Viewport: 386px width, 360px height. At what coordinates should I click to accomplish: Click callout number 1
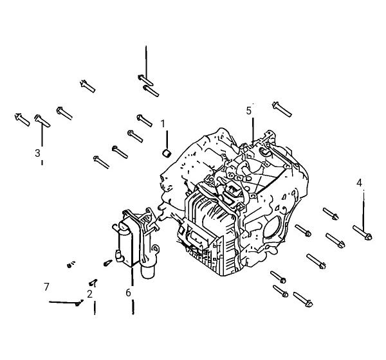tap(163, 124)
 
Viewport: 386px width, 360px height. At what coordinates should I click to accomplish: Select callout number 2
tap(89, 294)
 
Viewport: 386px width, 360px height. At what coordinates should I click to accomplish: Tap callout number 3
tap(37, 153)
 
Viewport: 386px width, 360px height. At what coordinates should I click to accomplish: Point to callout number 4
tap(359, 183)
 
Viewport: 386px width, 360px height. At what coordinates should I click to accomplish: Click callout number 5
tap(249, 111)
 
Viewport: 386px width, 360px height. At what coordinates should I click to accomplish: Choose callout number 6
tap(128, 293)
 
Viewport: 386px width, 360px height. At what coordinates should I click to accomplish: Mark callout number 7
tap(46, 287)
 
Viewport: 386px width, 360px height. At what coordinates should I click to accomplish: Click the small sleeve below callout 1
tap(167, 153)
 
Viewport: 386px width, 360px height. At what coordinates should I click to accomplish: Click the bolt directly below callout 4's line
tap(362, 233)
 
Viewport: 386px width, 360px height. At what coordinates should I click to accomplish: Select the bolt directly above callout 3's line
tap(42, 121)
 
